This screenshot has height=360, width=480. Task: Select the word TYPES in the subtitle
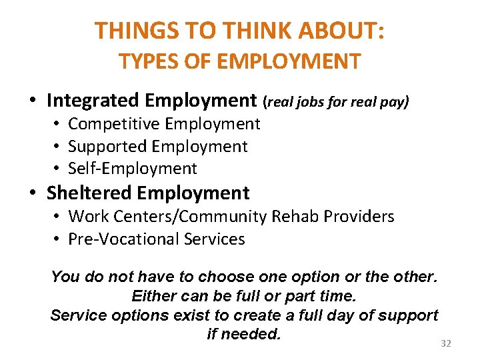(143, 62)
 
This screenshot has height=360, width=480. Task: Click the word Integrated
(93, 101)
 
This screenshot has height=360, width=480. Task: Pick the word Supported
(108, 147)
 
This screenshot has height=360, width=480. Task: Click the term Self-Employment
(133, 169)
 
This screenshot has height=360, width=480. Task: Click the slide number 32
(446, 343)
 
